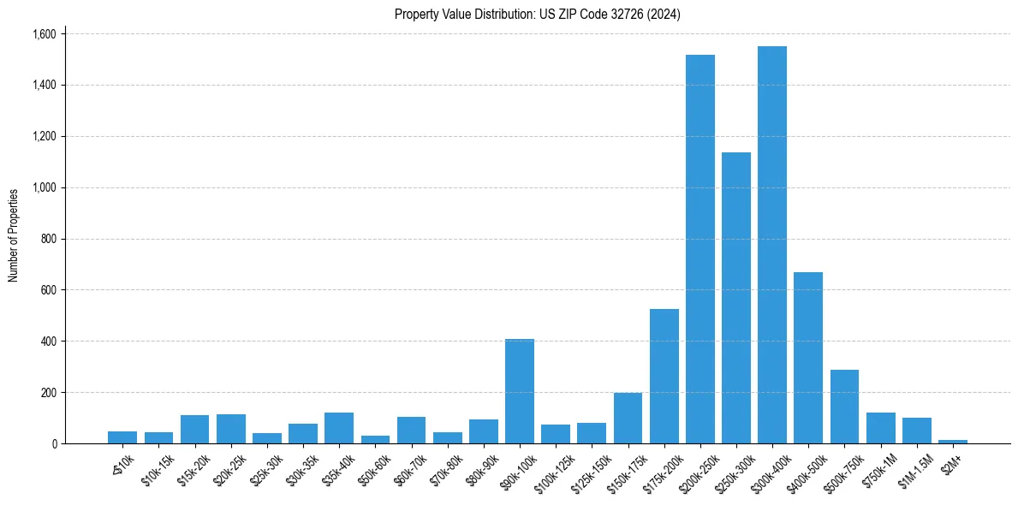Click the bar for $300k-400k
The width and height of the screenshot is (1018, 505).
click(771, 245)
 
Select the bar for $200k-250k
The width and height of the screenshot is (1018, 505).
click(700, 249)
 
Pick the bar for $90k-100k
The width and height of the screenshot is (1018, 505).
click(519, 391)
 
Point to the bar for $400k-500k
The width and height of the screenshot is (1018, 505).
click(807, 358)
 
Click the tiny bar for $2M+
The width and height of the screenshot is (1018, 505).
click(952, 442)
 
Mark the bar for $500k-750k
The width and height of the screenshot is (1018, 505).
click(844, 407)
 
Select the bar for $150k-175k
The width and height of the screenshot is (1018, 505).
click(628, 419)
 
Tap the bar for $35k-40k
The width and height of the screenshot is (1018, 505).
click(339, 428)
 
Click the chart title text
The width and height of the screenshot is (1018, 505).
click(537, 15)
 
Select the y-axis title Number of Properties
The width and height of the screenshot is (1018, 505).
click(14, 235)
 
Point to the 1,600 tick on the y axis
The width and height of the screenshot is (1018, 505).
click(44, 34)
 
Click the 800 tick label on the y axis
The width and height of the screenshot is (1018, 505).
click(49, 239)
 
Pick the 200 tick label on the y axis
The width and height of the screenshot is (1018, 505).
click(49, 393)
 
